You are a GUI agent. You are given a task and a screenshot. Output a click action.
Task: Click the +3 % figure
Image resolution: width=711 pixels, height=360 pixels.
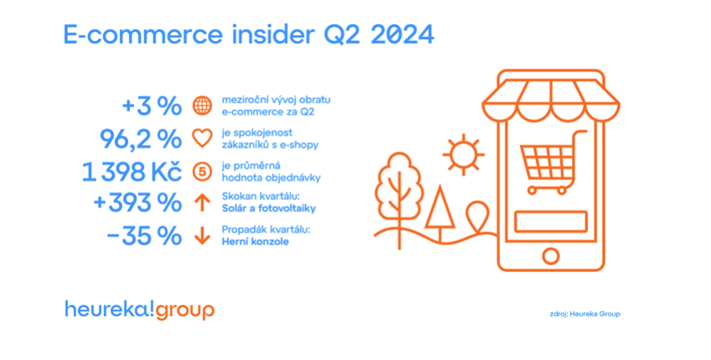(152, 106)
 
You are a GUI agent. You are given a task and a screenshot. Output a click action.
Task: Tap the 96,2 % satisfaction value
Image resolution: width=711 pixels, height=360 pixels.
(141, 139)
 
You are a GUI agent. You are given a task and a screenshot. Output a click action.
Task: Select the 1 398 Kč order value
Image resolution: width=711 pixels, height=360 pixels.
(132, 172)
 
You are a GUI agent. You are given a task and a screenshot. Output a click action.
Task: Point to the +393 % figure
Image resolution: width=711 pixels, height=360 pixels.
(137, 203)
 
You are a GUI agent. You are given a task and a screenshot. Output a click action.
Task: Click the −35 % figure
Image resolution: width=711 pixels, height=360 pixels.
(144, 236)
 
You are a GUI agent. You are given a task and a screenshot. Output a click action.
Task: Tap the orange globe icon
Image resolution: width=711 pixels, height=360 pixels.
(202, 105)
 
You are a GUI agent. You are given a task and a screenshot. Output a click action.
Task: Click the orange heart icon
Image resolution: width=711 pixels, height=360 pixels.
(202, 139)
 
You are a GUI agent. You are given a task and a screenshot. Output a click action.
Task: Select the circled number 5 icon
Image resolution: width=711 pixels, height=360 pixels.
(202, 172)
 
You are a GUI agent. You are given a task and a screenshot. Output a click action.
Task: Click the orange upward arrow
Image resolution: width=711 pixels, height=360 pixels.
(202, 203)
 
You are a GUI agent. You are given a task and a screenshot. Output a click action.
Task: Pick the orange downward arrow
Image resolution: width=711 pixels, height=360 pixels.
(202, 236)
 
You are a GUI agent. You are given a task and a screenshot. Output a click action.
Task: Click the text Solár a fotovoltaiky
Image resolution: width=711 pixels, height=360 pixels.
(269, 208)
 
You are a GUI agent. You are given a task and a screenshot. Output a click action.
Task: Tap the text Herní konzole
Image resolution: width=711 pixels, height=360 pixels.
(255, 242)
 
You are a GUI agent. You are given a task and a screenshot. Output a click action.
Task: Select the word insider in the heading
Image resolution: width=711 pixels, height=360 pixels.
(273, 34)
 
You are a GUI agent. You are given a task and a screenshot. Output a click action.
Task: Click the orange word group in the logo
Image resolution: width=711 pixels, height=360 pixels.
(185, 311)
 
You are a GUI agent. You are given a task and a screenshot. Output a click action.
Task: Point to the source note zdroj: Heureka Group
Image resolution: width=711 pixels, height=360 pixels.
(584, 314)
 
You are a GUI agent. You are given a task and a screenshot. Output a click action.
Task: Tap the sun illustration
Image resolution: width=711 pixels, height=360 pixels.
(463, 155)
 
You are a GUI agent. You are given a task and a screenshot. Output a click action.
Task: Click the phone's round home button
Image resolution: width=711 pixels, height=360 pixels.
(550, 256)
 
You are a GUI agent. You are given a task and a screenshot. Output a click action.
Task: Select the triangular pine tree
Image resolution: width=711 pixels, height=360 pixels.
(440, 213)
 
